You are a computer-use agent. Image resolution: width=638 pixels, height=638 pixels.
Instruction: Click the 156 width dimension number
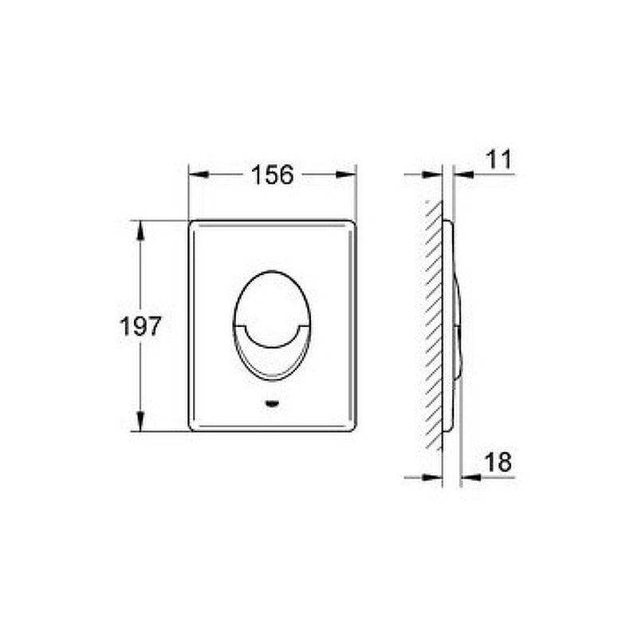(272, 175)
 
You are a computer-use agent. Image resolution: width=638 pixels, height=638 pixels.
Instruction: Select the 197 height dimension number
(140, 326)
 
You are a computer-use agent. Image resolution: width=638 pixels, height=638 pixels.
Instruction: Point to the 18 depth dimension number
(498, 462)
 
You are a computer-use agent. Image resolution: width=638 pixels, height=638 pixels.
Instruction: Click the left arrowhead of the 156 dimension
(199, 175)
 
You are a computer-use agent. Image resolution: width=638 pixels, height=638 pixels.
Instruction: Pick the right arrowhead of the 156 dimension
(346, 175)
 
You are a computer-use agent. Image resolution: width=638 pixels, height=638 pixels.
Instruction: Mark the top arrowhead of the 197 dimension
(140, 230)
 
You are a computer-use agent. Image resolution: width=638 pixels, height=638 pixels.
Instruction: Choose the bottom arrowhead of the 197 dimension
(140, 421)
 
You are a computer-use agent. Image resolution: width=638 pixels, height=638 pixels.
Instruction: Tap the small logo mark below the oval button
(272, 404)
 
